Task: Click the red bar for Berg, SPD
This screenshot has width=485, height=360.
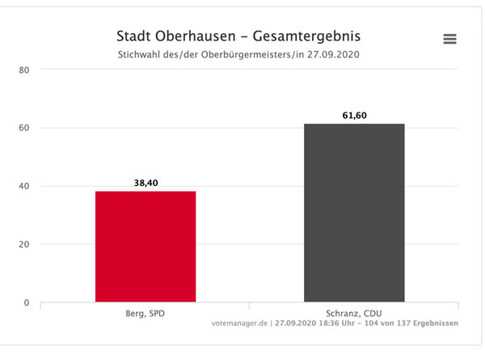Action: (x=145, y=247)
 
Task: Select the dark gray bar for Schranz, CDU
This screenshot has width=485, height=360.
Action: (x=354, y=214)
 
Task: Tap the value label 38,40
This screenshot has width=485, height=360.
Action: (x=145, y=184)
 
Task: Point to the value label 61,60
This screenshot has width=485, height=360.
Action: (x=354, y=116)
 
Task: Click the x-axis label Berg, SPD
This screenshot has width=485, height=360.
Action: (x=145, y=312)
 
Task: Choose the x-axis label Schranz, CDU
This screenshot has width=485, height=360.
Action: (x=354, y=312)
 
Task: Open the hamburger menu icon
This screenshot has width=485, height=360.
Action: (x=450, y=39)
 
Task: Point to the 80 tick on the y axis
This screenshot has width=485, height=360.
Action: (x=24, y=70)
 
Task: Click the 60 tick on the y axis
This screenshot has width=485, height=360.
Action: (x=24, y=128)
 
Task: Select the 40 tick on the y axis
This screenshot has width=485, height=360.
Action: (x=24, y=186)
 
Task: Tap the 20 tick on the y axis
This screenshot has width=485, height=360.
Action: (x=24, y=244)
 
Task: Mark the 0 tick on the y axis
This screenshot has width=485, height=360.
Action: (x=27, y=303)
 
